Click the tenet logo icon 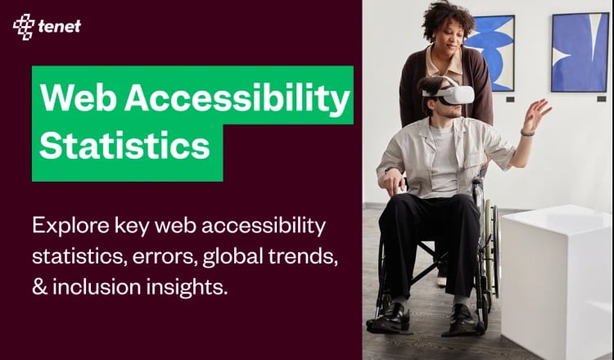point(23,27)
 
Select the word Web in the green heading point(72,98)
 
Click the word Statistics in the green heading point(124,146)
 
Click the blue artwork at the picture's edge point(579,51)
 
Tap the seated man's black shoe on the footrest point(391,318)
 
